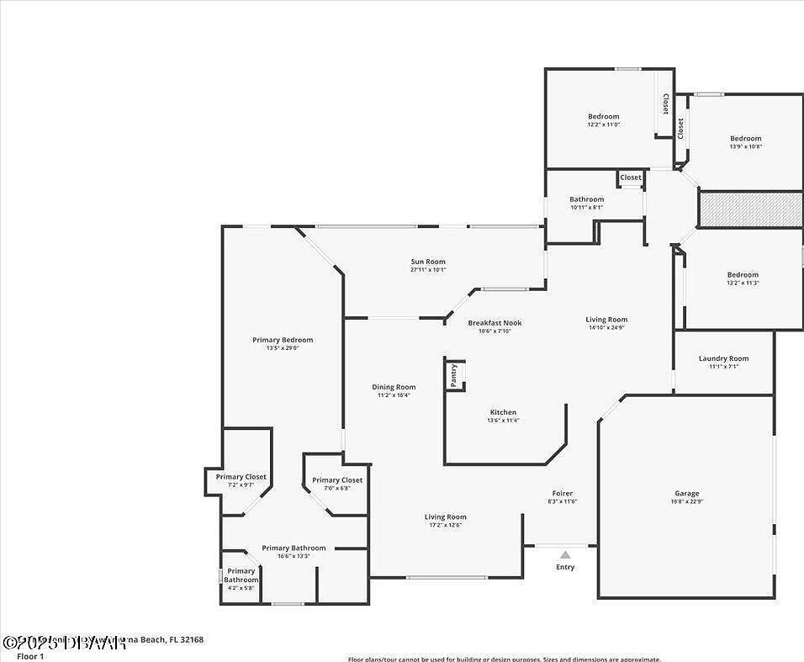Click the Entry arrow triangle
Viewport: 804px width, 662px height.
565,554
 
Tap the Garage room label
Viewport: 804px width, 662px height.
686,494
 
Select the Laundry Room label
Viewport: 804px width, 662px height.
723,359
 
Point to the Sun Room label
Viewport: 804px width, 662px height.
428,262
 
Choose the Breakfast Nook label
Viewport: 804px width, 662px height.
495,323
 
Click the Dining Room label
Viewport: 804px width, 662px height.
394,388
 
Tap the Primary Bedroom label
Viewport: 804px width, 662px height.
283,340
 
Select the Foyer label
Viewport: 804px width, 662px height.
562,494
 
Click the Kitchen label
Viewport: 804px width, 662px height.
503,412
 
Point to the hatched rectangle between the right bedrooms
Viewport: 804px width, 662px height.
750,209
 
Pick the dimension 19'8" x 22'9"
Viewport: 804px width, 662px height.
686,502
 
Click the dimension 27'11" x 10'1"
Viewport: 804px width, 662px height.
428,270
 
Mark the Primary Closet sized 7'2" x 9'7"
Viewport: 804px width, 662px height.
241,477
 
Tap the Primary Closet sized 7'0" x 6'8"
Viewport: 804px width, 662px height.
337,480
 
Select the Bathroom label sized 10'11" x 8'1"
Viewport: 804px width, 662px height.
586,199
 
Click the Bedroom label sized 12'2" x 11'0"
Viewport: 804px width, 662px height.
603,117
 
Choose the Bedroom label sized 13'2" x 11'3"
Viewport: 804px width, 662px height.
743,275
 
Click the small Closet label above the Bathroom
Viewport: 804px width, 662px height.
631,177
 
